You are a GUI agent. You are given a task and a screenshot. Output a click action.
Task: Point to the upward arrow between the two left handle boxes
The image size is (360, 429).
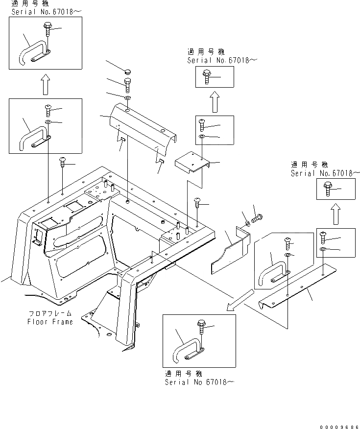coord(45,84)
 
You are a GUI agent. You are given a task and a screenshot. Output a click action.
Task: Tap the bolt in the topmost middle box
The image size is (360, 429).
coord(206,76)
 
